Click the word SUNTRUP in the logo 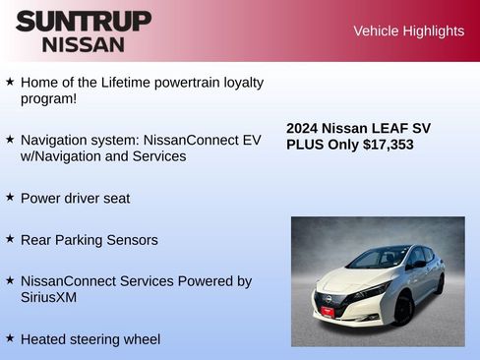coord(84,20)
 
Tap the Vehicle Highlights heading coord(408,31)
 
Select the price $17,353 coord(388,145)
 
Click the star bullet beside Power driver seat coord(10,197)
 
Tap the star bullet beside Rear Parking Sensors coord(10,238)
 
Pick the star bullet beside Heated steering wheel coord(10,337)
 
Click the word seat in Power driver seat coord(115,198)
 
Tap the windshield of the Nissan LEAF coord(379,259)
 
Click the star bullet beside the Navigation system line coord(10,140)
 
